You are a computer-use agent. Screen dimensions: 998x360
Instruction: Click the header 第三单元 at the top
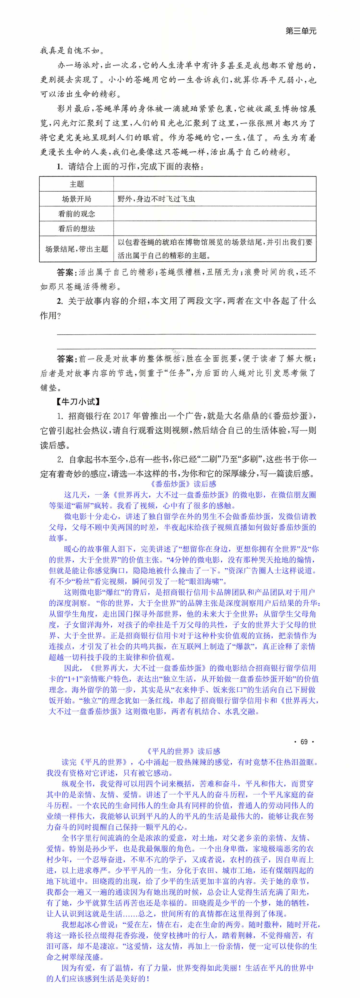tap(301, 31)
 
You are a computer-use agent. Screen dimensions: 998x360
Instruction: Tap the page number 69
tap(304, 742)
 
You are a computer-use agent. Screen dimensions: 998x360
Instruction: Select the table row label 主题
tap(77, 184)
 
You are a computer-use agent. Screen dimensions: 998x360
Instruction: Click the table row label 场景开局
tap(77, 199)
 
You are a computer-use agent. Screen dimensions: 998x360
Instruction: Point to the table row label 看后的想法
tap(77, 229)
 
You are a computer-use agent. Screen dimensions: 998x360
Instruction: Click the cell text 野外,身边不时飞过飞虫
tap(156, 199)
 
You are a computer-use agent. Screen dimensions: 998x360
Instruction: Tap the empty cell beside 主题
tap(215, 184)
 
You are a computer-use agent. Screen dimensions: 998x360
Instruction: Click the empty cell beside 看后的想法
tap(215, 229)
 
